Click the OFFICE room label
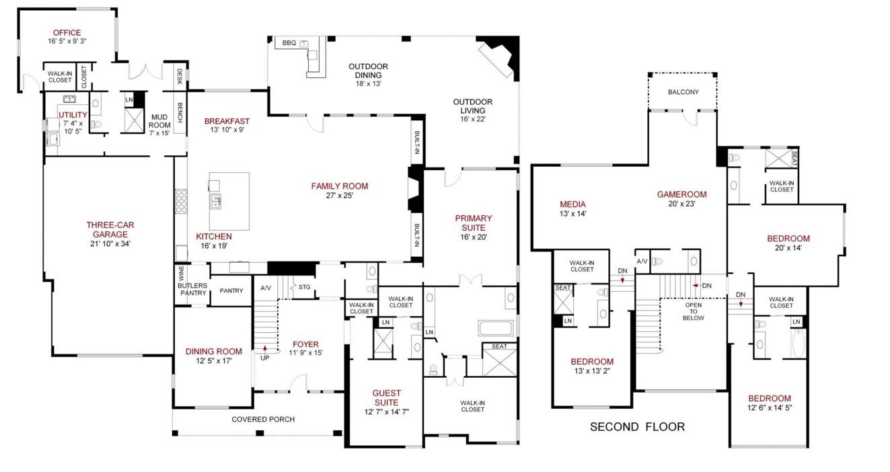(x=67, y=32)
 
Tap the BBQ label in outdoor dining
(x=289, y=43)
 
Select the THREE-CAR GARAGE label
(x=110, y=229)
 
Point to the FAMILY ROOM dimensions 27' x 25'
(x=339, y=195)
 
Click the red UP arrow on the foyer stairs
(x=264, y=349)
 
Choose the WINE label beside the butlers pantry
(x=181, y=273)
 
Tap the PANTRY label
(x=231, y=290)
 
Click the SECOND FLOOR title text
(x=637, y=427)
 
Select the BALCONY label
(x=683, y=91)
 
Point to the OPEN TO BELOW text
(x=694, y=311)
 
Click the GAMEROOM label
(x=682, y=194)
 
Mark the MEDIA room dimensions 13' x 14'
(x=572, y=214)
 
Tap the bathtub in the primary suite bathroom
(x=496, y=328)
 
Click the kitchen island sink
(x=215, y=201)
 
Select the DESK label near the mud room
(x=180, y=76)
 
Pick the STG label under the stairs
(x=304, y=286)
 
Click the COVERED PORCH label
(x=263, y=419)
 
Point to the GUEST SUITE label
(x=386, y=397)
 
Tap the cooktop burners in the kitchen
(x=181, y=201)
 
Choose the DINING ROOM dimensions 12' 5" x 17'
(x=214, y=361)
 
